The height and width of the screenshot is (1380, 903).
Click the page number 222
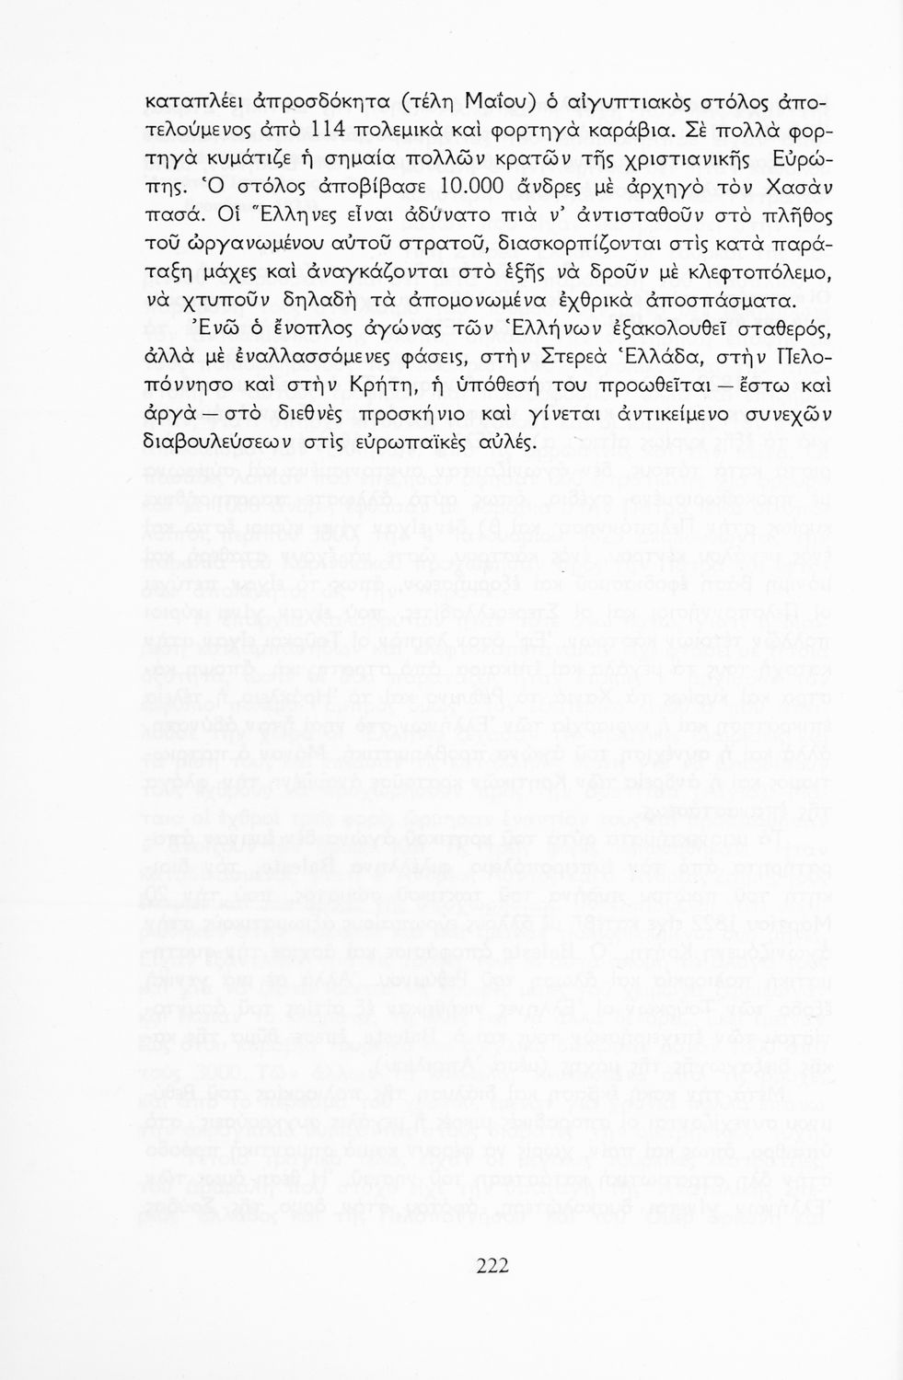(x=492, y=1265)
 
